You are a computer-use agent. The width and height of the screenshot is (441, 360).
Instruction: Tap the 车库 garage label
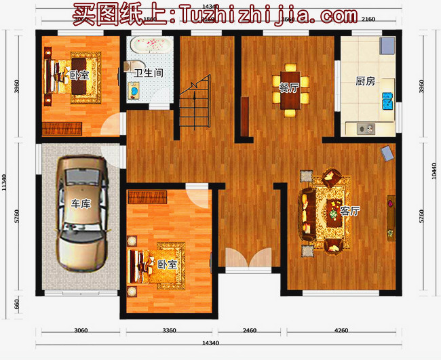click(81, 204)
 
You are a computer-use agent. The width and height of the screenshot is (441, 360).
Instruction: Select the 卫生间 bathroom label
click(147, 73)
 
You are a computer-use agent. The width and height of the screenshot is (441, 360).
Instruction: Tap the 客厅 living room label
click(349, 211)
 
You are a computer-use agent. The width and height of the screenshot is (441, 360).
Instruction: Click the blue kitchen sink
click(388, 102)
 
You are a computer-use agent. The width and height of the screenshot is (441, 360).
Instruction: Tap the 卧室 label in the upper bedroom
click(79, 75)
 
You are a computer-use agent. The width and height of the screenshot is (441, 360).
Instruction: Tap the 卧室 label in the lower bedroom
click(167, 264)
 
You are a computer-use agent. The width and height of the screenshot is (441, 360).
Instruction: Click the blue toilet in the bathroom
click(134, 90)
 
